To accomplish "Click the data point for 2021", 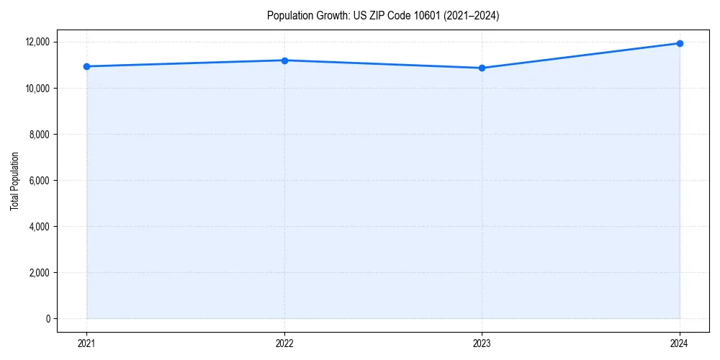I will [86, 66].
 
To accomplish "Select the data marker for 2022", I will [284, 60].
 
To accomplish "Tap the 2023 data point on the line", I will [482, 68].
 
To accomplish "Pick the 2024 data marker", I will [680, 43].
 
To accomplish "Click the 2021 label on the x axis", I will [86, 343].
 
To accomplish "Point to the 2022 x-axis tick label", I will [284, 343].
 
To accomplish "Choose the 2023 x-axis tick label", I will [482, 343].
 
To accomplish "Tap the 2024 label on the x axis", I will [680, 343].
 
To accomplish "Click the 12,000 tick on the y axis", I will [37, 42].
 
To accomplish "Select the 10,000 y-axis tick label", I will [37, 88].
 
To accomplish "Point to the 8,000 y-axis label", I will [39, 134].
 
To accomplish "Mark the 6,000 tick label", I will [39, 180].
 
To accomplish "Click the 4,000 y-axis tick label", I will [39, 226].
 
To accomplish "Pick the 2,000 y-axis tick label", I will [39, 272].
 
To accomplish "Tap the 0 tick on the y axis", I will [48, 318].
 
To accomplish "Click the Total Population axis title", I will [14, 180].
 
